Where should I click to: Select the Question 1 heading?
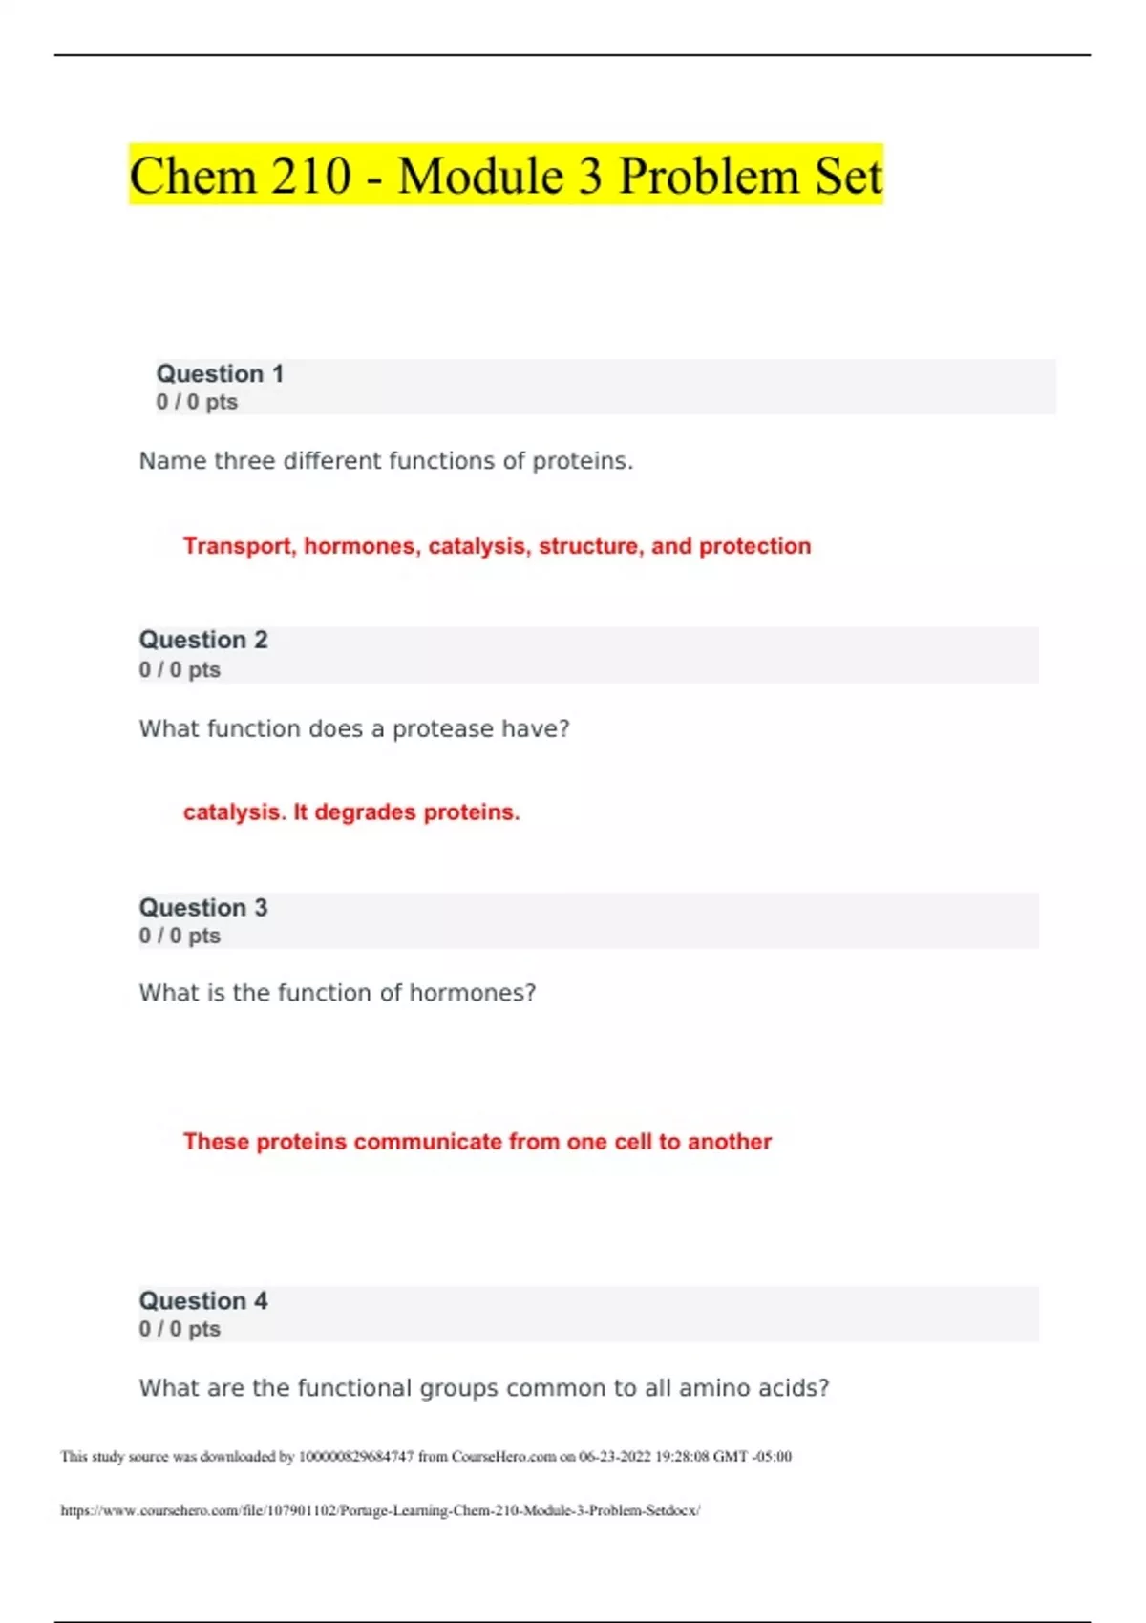(220, 374)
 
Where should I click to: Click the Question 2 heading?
(203, 640)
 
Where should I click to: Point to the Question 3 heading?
(203, 907)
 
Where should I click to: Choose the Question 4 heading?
(203, 1300)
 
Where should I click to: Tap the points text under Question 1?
(197, 402)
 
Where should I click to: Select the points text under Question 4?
(180, 1329)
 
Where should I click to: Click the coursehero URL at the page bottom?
(380, 1510)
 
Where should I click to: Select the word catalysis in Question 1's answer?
(477, 546)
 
